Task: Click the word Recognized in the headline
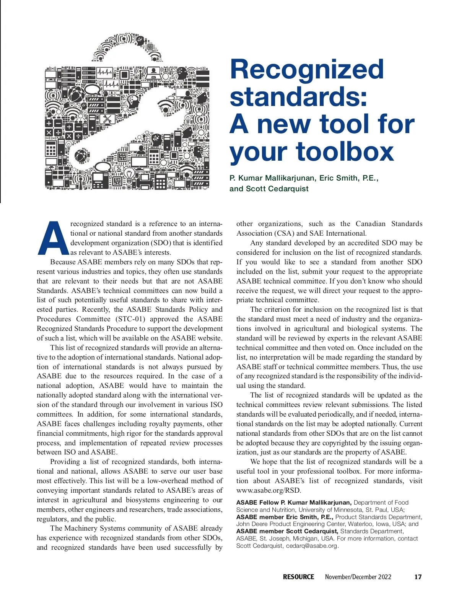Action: coord(307,70)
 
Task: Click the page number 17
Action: coord(418,577)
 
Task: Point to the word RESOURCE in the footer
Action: coord(298,577)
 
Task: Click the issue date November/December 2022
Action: coord(358,577)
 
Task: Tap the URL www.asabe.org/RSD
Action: coord(269,490)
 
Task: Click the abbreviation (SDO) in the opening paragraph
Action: coord(160,243)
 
